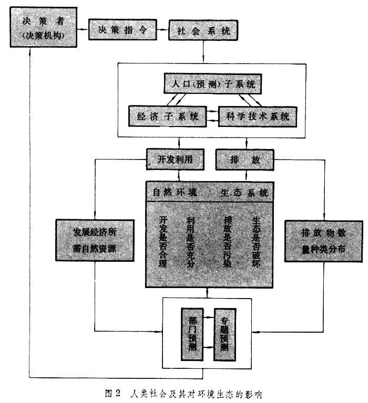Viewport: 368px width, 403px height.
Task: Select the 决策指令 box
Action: tap(122, 30)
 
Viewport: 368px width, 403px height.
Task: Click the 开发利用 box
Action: tap(173, 160)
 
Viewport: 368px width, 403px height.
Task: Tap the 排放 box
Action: tap(245, 160)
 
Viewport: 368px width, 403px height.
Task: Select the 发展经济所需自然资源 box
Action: tap(87, 240)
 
